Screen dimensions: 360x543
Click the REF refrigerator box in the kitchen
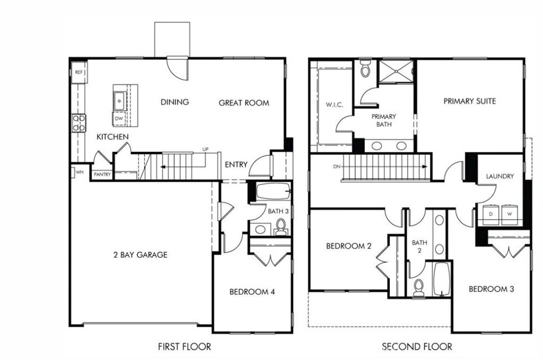point(79,72)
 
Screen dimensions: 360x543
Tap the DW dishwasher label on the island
point(119,119)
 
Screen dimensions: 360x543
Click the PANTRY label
point(102,174)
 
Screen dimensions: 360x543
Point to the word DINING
point(174,102)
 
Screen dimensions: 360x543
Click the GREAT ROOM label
point(244,103)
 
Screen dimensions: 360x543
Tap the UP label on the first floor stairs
point(205,150)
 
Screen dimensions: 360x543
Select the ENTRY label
point(235,165)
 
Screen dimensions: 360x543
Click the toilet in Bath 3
point(281,228)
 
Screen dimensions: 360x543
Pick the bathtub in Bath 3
point(271,191)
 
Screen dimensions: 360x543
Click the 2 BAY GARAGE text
point(140,254)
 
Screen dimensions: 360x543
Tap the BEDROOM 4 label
point(252,292)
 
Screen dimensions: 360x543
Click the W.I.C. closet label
point(334,105)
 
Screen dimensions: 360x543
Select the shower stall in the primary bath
point(396,72)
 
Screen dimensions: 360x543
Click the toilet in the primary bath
point(365,69)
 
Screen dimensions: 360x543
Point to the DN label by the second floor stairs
point(336,166)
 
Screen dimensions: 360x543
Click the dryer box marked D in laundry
point(491,214)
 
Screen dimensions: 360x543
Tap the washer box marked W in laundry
point(509,214)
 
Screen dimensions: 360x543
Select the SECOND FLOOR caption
point(417,347)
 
